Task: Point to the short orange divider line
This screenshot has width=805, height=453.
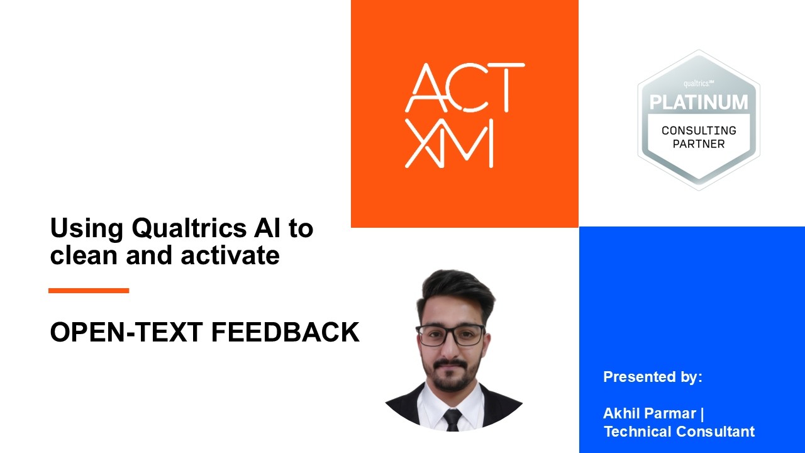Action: pos(89,291)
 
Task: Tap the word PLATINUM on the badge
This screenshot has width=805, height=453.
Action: pos(699,102)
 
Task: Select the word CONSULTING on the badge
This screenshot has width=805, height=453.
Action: pos(699,130)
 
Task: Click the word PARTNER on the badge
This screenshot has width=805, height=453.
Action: pos(699,144)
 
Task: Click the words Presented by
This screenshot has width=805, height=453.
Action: pos(652,377)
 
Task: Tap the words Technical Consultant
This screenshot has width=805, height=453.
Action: pos(679,432)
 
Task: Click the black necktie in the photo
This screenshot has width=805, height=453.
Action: pos(453,419)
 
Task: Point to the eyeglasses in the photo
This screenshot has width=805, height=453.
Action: pos(450,335)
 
